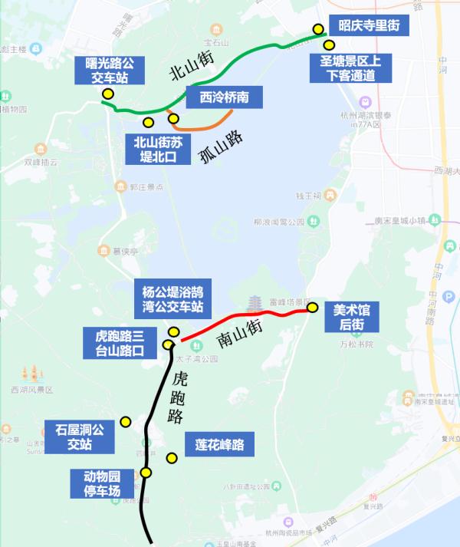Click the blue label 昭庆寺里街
click(x=364, y=25)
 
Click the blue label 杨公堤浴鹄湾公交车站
click(x=172, y=299)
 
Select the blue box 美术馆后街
click(x=352, y=317)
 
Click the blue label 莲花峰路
click(x=219, y=444)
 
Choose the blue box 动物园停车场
click(x=103, y=484)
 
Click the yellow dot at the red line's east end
click(x=313, y=308)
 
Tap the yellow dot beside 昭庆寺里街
click(x=318, y=30)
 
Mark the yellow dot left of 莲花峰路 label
click(x=172, y=458)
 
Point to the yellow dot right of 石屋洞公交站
click(x=127, y=422)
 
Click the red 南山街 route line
click(x=245, y=316)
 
